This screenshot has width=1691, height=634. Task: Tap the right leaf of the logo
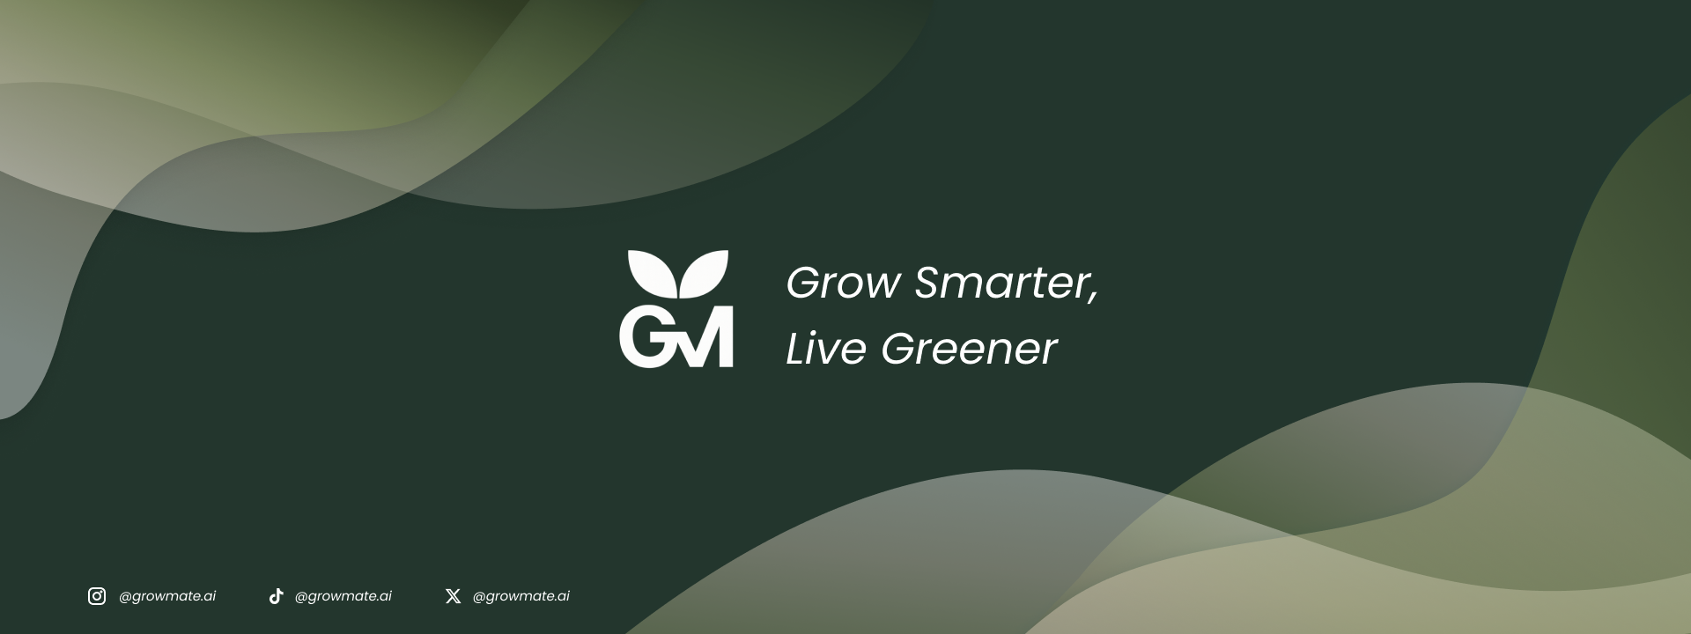pyautogui.click(x=705, y=273)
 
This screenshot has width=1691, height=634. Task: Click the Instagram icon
pyautogui.click(x=97, y=596)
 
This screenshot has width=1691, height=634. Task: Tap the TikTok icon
pyautogui.click(x=276, y=596)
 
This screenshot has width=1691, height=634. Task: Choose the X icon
pyautogui.click(x=453, y=596)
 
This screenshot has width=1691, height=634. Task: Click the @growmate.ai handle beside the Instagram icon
pyautogui.click(x=167, y=596)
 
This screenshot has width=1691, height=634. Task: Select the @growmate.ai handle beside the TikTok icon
pyautogui.click(x=343, y=596)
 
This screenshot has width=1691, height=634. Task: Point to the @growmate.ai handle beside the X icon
pyautogui.click(x=521, y=596)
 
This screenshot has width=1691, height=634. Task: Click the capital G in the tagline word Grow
pyautogui.click(x=802, y=283)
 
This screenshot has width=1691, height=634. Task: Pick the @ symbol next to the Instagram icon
pyautogui.click(x=125, y=597)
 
